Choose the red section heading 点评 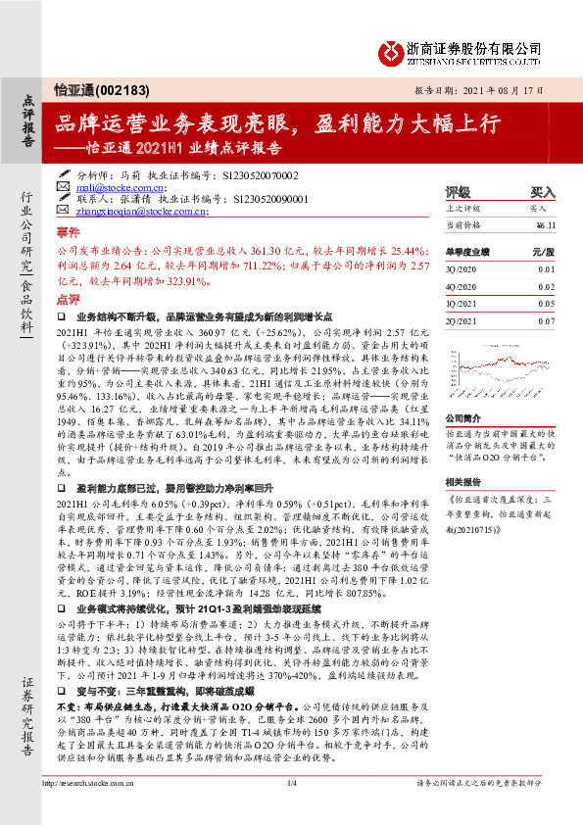[68, 300]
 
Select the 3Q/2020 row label [461, 267]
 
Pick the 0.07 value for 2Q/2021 [546, 320]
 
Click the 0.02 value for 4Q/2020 [546, 285]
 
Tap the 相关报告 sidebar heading [462, 482]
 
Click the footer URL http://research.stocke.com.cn [104, 809]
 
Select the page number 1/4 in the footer [292, 809]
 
